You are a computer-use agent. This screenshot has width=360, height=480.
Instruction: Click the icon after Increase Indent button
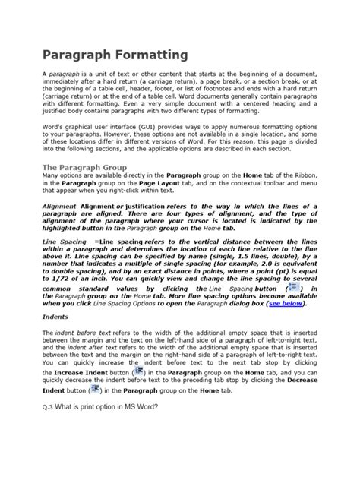tap(138, 373)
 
